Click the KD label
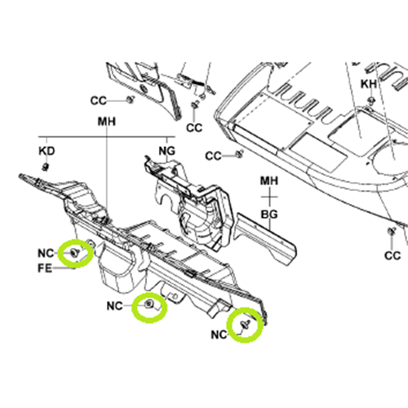[47, 151]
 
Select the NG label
[167, 150]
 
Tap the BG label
[269, 215]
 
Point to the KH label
[369, 84]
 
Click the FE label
[45, 268]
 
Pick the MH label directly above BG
[269, 181]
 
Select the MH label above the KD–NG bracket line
[107, 122]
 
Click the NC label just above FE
[46, 254]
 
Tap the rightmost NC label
[219, 335]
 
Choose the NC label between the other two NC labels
[115, 306]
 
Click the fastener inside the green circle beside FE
[74, 253]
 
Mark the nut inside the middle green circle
[149, 304]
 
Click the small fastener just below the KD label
[45, 166]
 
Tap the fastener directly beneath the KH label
[370, 100]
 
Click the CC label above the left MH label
[98, 101]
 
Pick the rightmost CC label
[392, 255]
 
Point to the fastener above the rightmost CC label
[392, 231]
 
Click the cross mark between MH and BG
[269, 197]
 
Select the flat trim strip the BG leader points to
[267, 239]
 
